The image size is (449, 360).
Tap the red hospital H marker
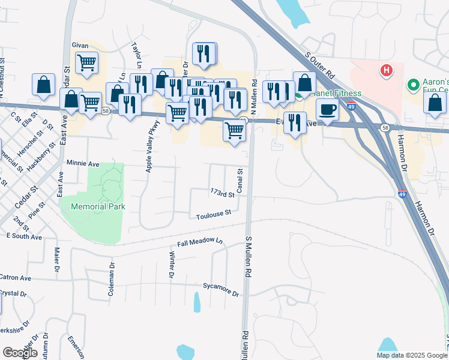[x=387, y=71]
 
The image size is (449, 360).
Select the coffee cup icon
[x=327, y=110]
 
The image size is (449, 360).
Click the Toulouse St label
[x=214, y=214]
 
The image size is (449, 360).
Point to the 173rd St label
[x=222, y=193]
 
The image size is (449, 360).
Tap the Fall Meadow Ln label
[x=200, y=242]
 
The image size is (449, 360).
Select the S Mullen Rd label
[x=248, y=256]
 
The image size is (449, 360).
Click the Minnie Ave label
[x=83, y=163]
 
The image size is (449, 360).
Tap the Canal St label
[x=240, y=181]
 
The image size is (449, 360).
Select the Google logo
[x=20, y=353]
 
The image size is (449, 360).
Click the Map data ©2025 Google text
[x=411, y=355]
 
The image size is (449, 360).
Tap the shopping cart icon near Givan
[x=87, y=61]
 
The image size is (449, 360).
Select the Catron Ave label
[x=15, y=278]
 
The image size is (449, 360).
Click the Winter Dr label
[x=171, y=265]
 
